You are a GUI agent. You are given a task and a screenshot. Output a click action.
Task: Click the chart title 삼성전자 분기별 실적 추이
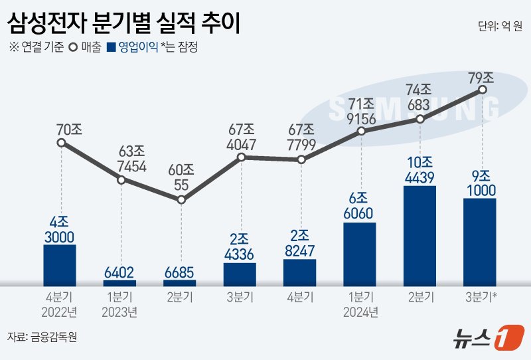coord(123,24)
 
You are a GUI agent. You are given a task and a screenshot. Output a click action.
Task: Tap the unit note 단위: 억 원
coord(499,26)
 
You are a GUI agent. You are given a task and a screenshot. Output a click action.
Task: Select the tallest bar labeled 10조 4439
coord(419,236)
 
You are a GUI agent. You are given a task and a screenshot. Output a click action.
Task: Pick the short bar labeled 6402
coord(120,283)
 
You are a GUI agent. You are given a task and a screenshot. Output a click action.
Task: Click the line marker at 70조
coord(60,143)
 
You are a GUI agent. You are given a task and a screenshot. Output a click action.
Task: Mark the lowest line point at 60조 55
coord(181,200)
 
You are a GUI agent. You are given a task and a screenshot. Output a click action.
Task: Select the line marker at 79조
coord(483,89)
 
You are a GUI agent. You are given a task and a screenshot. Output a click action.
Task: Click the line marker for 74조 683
coord(420,120)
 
